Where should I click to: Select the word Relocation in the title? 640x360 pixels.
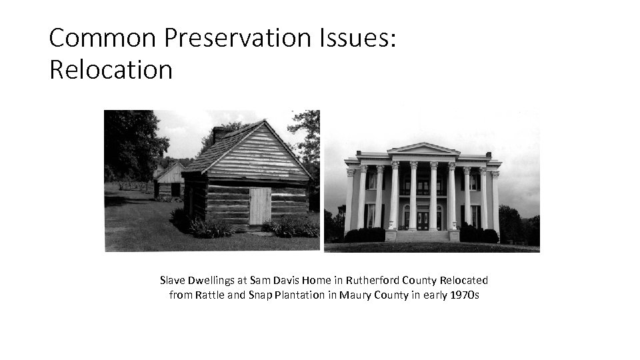click(x=111, y=69)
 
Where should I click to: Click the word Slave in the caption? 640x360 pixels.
click(x=173, y=281)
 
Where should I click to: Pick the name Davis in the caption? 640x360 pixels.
click(x=274, y=281)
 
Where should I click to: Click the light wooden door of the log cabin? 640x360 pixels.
click(x=259, y=205)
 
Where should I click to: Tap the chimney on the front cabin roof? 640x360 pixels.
click(x=219, y=134)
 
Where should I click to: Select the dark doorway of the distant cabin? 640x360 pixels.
click(x=175, y=189)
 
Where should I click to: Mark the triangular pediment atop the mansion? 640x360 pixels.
click(x=423, y=150)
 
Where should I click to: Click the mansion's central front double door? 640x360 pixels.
click(x=422, y=220)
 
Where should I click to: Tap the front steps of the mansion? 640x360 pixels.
click(x=422, y=235)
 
